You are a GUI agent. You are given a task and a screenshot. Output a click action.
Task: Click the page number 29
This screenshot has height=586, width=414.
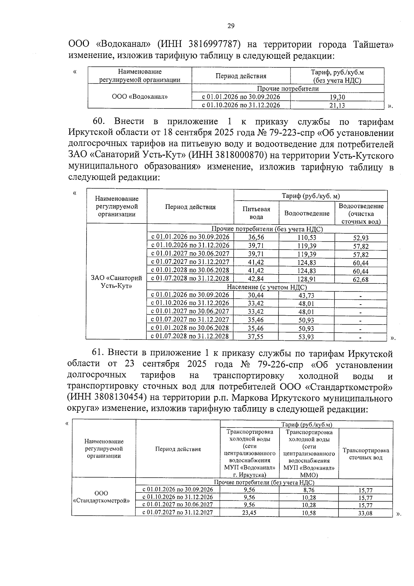coord(231,26)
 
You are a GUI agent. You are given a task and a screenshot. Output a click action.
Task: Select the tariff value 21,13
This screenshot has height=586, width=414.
coord(337,106)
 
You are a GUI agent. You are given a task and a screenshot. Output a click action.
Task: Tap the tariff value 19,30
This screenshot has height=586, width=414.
coord(337,97)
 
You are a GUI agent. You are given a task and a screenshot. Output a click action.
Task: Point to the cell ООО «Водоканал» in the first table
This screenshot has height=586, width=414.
coord(140,97)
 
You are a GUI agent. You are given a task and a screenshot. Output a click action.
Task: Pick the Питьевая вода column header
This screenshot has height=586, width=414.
coord(256,213)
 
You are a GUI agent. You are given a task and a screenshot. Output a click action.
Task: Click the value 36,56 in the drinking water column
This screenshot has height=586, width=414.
coord(256,237)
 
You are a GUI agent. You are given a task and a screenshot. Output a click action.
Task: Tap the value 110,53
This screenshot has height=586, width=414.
coord(306,238)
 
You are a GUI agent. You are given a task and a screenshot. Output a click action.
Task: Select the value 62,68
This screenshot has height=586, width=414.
coord(360,279)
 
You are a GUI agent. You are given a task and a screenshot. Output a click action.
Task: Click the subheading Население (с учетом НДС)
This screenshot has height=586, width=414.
coord(267,287)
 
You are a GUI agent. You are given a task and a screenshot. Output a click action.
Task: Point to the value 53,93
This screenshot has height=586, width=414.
coord(306,337)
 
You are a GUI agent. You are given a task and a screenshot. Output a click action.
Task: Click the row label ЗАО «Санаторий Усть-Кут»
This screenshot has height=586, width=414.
coord(116,282)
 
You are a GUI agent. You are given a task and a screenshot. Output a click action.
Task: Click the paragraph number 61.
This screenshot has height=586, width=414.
coord(98,353)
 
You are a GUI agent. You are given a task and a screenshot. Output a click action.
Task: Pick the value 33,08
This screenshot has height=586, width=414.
coord(365,513)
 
